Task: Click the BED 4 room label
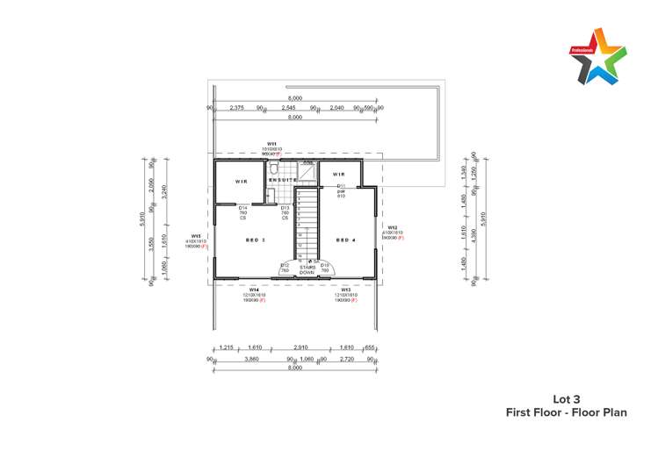pyautogui.click(x=345, y=240)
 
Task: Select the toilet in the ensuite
pyautogui.click(x=275, y=168)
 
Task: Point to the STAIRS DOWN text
pyautogui.click(x=307, y=270)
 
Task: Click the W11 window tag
pyautogui.click(x=272, y=144)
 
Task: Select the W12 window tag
pyautogui.click(x=392, y=227)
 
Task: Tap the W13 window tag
pyautogui.click(x=346, y=289)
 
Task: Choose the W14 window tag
pyautogui.click(x=253, y=289)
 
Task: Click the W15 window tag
pyautogui.click(x=196, y=236)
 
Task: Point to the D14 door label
pyautogui.click(x=243, y=207)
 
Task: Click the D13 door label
pyautogui.click(x=286, y=208)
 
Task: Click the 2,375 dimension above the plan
pyautogui.click(x=236, y=108)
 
